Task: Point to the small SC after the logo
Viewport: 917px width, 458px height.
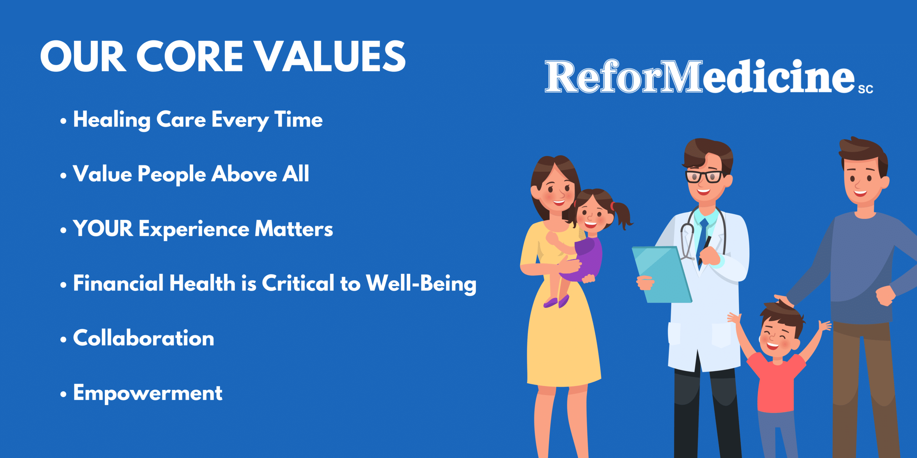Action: click(865, 89)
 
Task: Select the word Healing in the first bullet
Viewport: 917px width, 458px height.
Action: click(112, 120)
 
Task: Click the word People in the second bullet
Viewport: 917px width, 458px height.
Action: click(172, 175)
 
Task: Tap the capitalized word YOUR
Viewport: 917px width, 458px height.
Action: click(103, 228)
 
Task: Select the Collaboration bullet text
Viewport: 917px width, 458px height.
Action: click(144, 338)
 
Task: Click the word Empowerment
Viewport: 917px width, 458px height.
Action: click(148, 393)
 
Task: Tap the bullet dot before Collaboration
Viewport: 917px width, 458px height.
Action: click(63, 339)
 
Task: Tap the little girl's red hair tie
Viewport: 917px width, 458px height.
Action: click(613, 206)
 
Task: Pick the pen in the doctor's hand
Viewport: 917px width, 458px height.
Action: click(705, 250)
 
